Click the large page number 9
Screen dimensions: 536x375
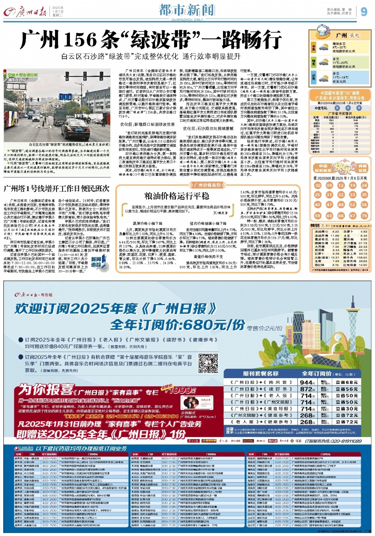pos(364,12)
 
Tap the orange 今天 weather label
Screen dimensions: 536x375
pos(313,47)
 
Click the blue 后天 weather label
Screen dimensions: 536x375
pos(313,78)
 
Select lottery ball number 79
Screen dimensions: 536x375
pos(364,215)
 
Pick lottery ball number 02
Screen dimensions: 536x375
pos(318,185)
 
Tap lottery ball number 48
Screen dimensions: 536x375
pos(341,205)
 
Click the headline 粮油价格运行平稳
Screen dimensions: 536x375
pos(177,196)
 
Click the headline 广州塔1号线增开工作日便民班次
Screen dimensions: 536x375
pos(57,189)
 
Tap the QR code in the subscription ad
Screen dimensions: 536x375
pos(208,363)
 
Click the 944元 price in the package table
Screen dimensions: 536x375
pos(307,382)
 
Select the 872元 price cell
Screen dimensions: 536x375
pos(307,389)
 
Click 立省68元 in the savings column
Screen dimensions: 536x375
pos(346,382)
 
